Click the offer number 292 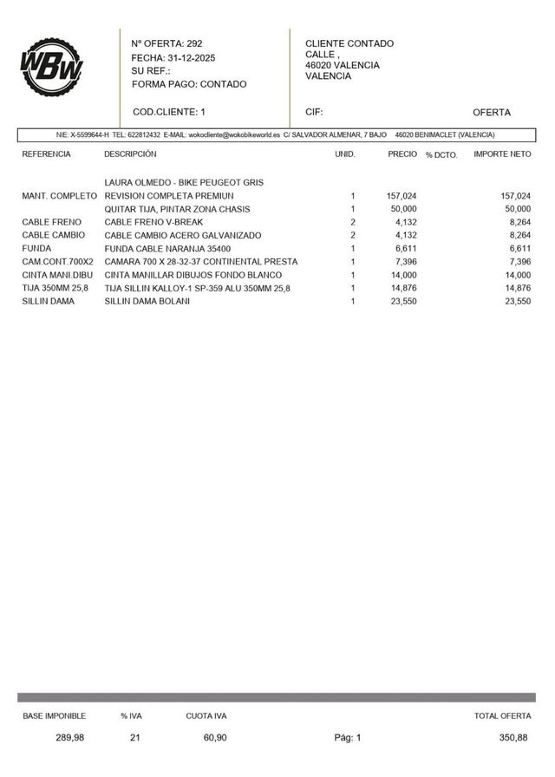[x=194, y=43]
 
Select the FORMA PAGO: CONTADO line [x=189, y=84]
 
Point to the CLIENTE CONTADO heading [x=349, y=43]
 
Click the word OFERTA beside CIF [x=492, y=112]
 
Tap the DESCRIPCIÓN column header [x=130, y=153]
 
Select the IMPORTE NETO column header [x=502, y=153]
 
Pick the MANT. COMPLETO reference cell [x=59, y=196]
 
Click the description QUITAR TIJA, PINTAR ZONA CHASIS [x=177, y=209]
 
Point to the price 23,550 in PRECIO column [x=402, y=301]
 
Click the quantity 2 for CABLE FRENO [x=353, y=222]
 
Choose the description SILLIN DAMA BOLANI [x=147, y=301]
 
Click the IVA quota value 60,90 [x=216, y=737]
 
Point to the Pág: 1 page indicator [x=348, y=737]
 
